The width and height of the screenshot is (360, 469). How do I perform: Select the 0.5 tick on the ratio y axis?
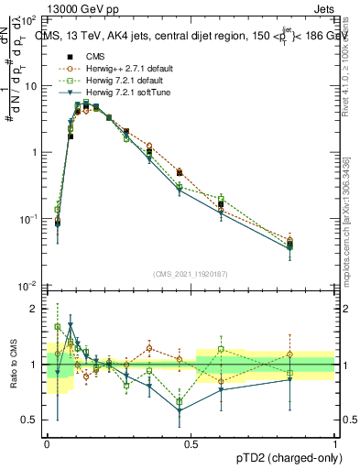29,420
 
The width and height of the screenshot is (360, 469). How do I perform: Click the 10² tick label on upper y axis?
27,18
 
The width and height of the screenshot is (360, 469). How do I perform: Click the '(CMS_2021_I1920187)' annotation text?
190,274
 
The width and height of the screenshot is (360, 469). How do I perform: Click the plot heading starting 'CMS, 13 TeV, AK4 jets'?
192,36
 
